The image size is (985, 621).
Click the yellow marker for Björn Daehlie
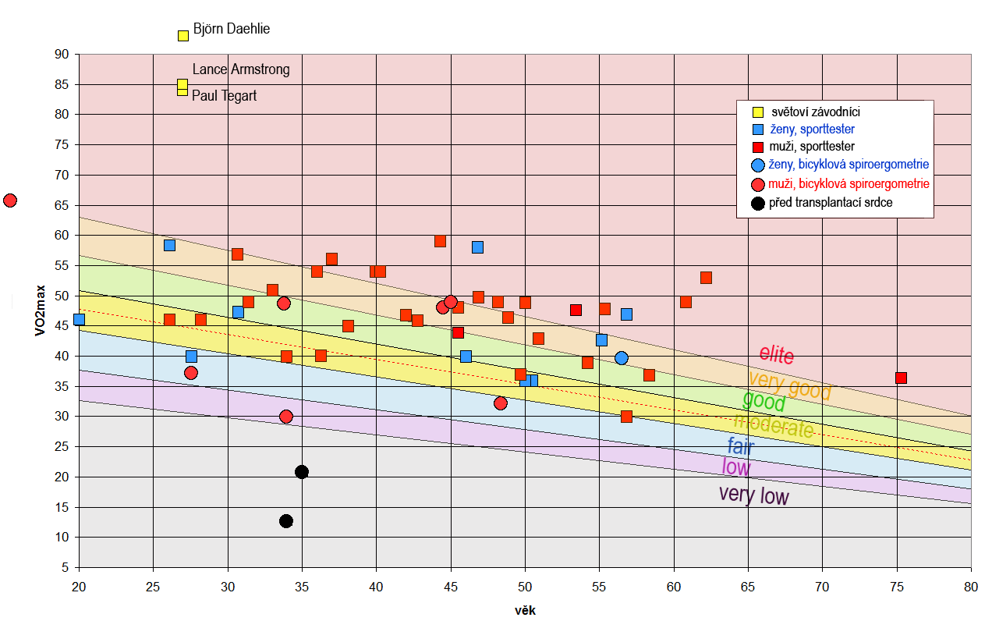183,35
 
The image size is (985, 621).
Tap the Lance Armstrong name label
241,69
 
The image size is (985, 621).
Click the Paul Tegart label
224,96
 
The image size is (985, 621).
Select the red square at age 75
901,378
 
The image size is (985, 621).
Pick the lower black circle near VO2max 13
286,521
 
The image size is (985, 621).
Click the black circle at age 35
302,472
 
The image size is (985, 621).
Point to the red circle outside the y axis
10,200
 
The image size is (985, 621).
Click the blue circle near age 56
621,358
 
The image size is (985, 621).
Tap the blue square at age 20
79,319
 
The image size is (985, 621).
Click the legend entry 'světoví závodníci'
814,112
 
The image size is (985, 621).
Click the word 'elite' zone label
777,355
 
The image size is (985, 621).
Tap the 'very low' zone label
753,495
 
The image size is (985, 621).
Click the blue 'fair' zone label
740,447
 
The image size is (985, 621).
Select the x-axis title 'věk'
525,611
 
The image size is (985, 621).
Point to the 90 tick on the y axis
62,54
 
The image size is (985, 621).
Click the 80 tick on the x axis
970,586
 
